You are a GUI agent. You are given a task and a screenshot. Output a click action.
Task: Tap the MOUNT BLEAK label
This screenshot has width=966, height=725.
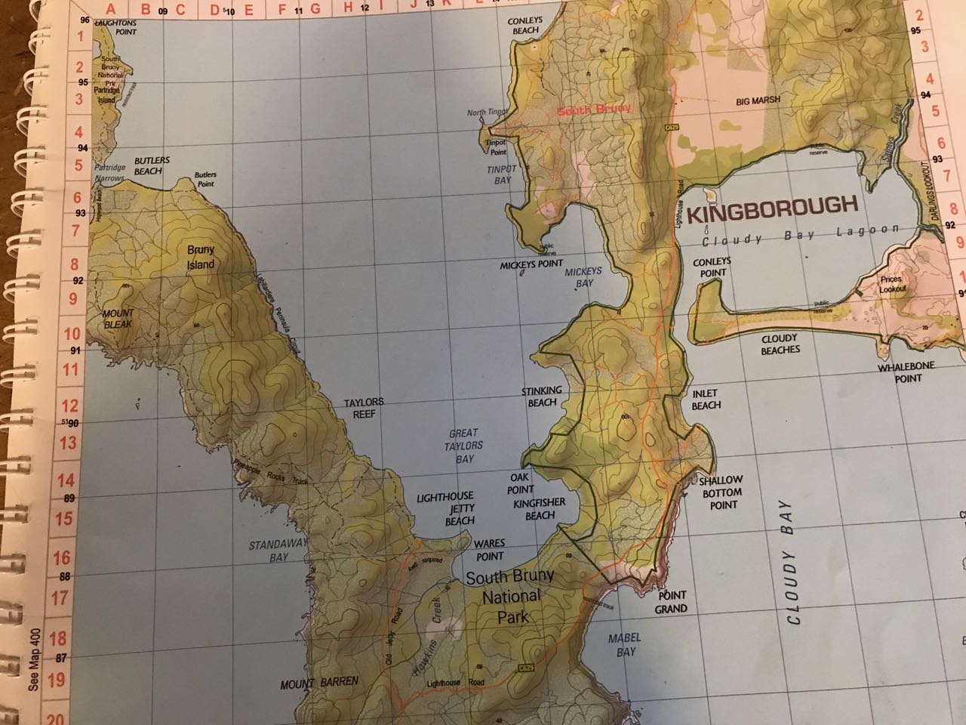pyautogui.click(x=118, y=318)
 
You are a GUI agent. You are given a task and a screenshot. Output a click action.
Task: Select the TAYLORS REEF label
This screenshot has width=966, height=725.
pyautogui.click(x=364, y=408)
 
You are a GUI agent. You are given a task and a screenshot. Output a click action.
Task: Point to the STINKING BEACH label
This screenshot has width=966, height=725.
pyautogui.click(x=542, y=396)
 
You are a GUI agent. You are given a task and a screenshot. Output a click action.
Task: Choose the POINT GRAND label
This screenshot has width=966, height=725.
pyautogui.click(x=670, y=602)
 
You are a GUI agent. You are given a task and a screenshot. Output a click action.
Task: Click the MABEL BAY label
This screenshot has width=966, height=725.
pyautogui.click(x=624, y=645)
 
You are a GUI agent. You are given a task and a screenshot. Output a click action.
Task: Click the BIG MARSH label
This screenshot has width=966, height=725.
pyautogui.click(x=757, y=100)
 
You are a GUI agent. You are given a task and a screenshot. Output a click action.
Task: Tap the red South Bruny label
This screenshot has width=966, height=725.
pyautogui.click(x=592, y=110)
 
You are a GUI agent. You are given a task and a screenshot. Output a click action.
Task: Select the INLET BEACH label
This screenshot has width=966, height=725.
pyautogui.click(x=706, y=400)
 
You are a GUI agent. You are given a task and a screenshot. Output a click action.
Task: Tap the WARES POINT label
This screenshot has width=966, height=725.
pyautogui.click(x=488, y=550)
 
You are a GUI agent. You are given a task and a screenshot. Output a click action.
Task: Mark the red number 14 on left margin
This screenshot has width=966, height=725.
pyautogui.click(x=69, y=481)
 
